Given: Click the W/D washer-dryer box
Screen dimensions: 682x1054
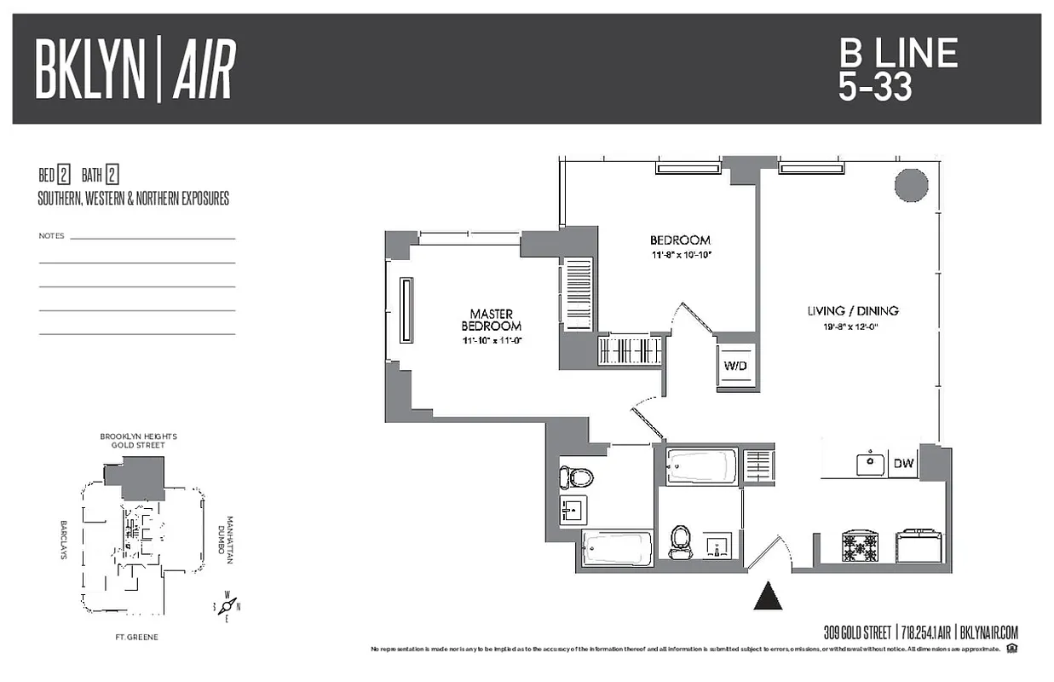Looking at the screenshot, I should (x=735, y=367).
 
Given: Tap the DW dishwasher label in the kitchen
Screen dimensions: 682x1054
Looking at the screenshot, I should (x=902, y=465).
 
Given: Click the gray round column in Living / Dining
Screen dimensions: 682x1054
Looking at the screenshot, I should (x=910, y=184).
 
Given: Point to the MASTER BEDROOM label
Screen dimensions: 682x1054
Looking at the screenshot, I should (x=491, y=321).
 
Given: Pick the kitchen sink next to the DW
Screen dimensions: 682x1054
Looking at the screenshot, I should (x=871, y=464).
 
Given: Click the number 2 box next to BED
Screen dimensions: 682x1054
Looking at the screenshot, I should (x=64, y=176).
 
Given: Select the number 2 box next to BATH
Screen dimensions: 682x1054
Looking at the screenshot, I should (x=112, y=176).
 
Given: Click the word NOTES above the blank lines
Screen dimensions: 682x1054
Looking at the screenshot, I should (x=51, y=235).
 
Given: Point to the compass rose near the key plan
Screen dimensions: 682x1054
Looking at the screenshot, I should (x=227, y=605).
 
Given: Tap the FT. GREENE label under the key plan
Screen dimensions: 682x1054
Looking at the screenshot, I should (x=137, y=637).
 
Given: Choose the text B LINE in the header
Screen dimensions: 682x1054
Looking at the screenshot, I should (x=898, y=55).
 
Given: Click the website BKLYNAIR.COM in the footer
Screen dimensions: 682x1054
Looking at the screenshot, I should (x=989, y=633).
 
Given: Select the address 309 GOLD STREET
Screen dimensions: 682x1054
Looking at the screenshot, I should (x=857, y=633).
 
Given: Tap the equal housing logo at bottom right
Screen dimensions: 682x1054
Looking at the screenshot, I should (x=1011, y=649).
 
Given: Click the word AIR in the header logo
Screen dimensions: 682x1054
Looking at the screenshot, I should (x=204, y=69).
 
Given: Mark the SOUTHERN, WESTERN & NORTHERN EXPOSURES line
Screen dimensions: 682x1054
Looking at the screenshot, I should (x=133, y=199).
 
